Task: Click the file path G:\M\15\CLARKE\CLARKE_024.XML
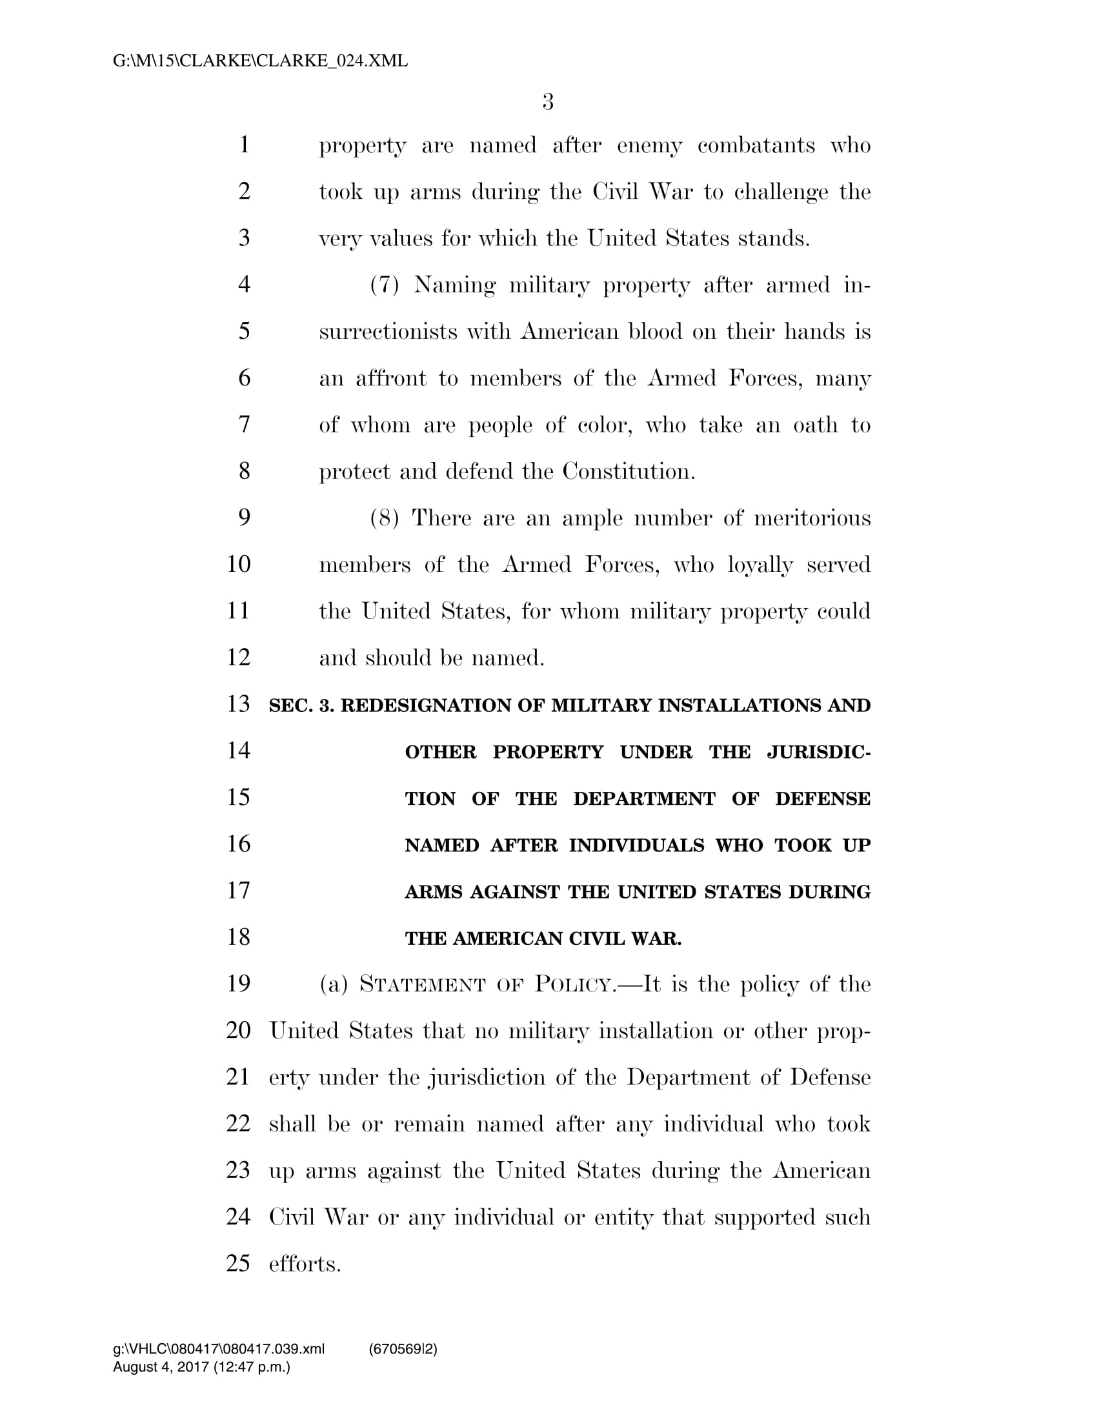point(260,61)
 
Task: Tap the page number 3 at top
point(548,102)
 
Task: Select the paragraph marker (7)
point(384,285)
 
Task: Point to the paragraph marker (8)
point(384,518)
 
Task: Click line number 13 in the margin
point(239,704)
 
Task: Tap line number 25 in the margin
point(239,1263)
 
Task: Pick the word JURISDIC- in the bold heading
point(818,752)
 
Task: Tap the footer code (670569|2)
point(403,1350)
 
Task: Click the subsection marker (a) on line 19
point(334,985)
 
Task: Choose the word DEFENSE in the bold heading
point(822,799)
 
